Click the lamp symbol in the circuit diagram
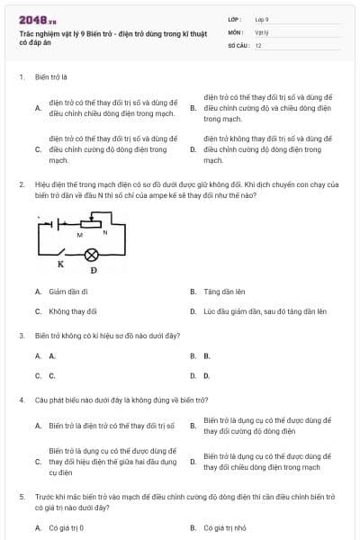91,255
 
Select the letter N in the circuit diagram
105,233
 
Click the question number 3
21,335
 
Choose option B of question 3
206,355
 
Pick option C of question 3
52,375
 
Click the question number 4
21,399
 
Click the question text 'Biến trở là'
53,77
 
